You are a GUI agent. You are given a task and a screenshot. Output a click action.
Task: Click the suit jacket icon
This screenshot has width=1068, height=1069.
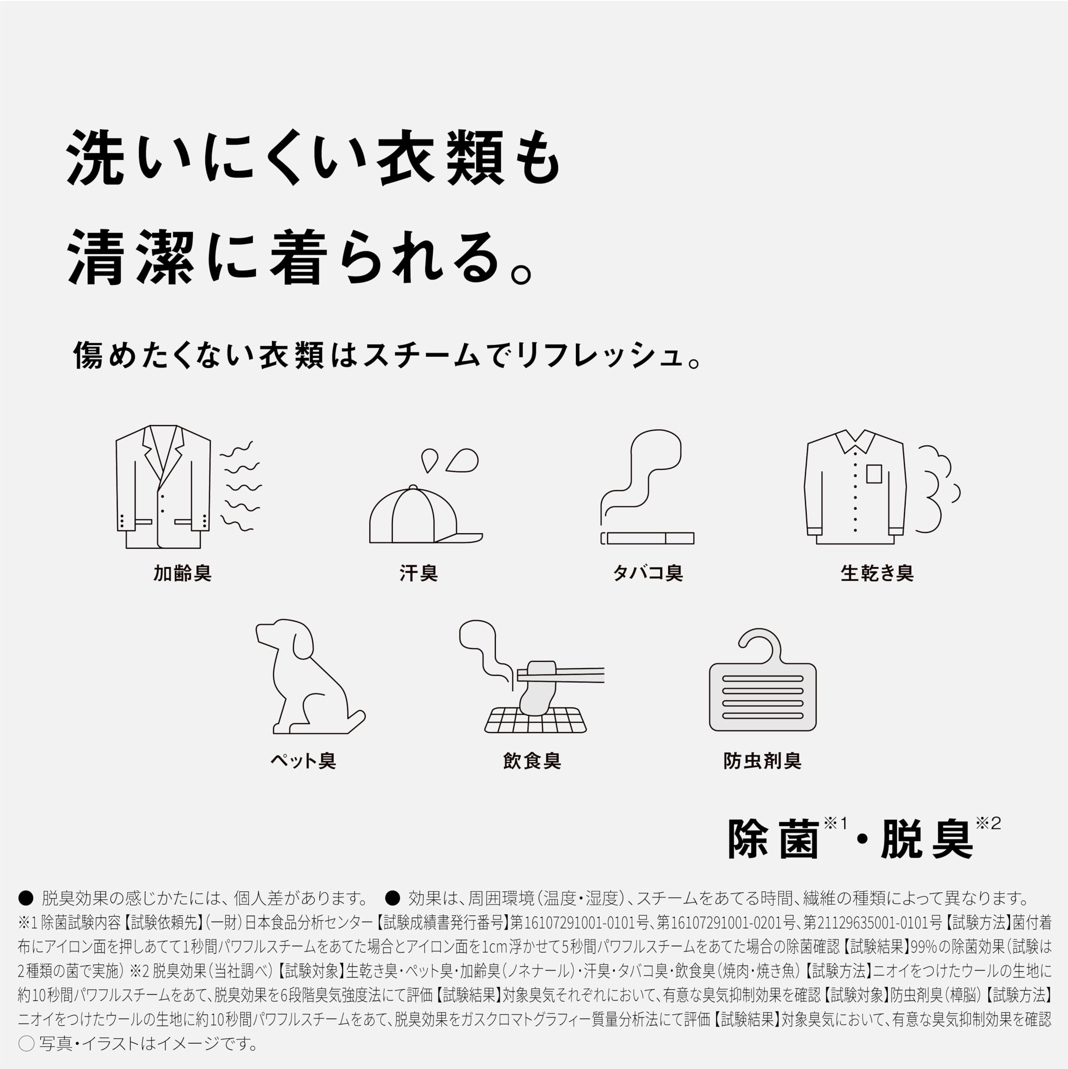pos(163,487)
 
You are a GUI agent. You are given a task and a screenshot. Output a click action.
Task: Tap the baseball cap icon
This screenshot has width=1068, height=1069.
pos(426,514)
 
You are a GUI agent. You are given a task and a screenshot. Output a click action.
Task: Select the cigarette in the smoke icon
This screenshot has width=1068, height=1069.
pos(647,538)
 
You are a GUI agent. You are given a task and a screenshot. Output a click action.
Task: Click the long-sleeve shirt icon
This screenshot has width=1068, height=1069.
pos(855,487)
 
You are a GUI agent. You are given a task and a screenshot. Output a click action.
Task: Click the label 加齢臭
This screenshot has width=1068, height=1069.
pos(182,574)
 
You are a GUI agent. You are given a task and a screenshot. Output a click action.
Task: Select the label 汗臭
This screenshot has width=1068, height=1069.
pos(419,574)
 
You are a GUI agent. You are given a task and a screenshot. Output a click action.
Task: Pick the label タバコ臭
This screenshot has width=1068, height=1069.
pos(648,574)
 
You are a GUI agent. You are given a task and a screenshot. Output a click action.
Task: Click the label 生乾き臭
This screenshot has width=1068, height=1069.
pos(877,574)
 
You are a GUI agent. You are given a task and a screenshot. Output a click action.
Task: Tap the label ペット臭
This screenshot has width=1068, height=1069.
pos(303,761)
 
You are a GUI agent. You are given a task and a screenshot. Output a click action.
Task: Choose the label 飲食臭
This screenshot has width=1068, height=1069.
pos(532,761)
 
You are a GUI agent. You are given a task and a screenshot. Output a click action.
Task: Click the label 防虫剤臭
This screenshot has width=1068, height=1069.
pos(762,761)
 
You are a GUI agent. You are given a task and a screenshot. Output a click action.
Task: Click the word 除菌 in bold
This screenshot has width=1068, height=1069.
pos(774,839)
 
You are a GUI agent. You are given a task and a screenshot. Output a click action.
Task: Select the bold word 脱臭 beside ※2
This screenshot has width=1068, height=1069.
pos(927,839)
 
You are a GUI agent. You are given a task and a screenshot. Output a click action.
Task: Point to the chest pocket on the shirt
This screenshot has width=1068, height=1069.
pos(874,474)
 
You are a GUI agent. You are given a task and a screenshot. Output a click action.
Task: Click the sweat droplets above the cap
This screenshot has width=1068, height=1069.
pos(449,460)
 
